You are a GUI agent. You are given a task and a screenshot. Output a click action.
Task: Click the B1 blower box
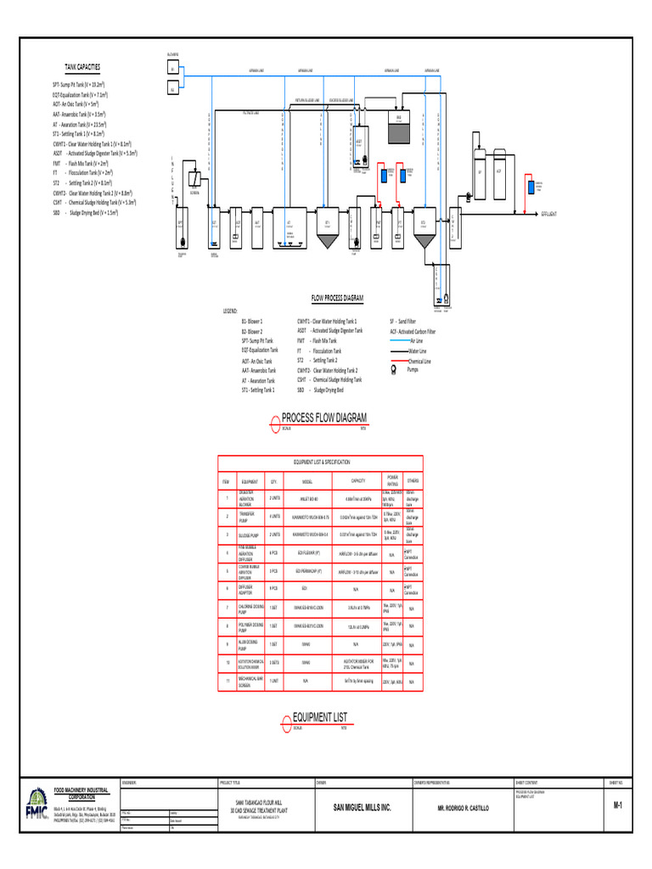[x=172, y=69]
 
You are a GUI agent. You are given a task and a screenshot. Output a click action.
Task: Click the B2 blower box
[x=172, y=88]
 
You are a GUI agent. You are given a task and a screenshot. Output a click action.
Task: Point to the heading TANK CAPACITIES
[x=82, y=66]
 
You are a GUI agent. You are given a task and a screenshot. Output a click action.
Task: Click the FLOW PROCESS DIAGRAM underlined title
[x=337, y=299]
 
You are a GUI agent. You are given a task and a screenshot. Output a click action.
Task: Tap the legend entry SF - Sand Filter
[x=403, y=322]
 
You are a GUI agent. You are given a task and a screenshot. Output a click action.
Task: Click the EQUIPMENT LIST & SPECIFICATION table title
[x=322, y=463]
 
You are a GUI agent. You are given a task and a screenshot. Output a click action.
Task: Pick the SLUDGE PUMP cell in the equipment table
[x=250, y=535]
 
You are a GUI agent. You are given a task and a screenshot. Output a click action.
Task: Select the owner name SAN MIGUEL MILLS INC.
[x=363, y=809]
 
